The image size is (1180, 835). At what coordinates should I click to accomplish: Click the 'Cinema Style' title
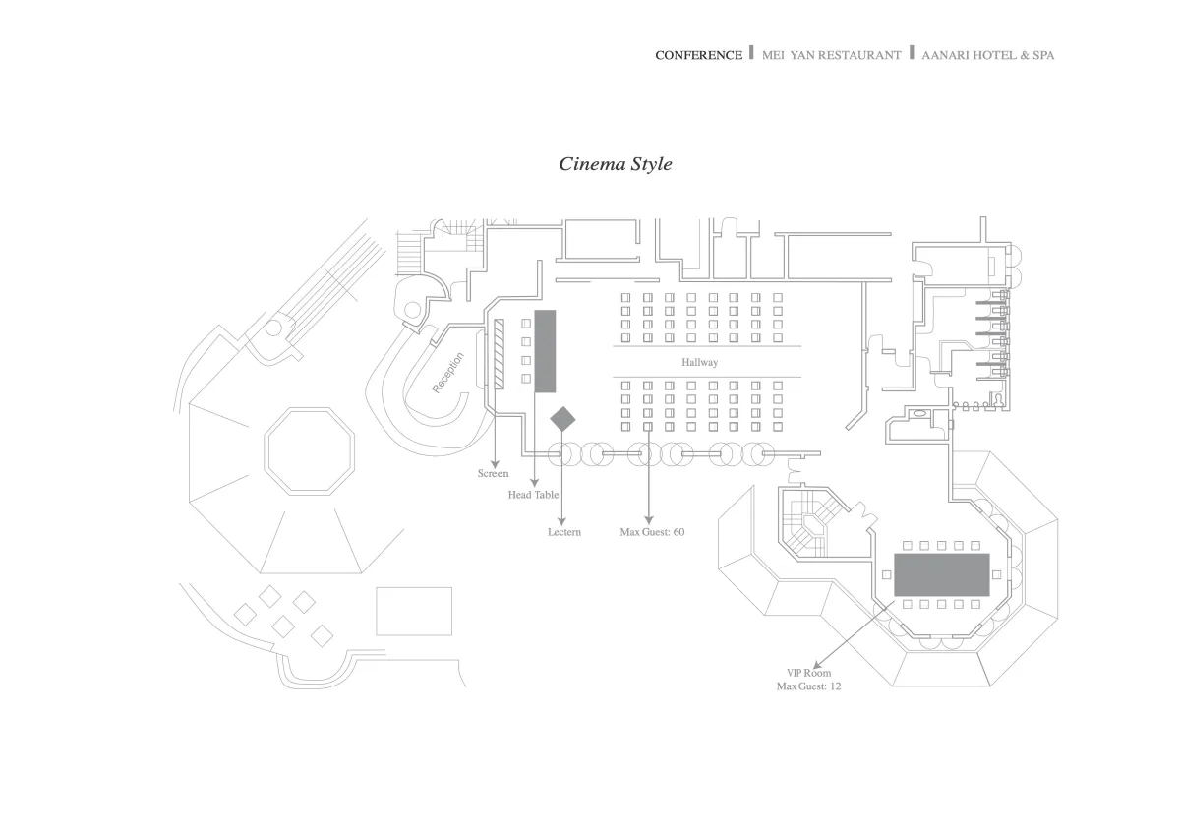616,164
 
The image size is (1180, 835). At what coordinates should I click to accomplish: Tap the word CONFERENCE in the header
698,55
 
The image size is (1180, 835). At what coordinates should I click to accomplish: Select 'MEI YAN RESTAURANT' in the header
831,55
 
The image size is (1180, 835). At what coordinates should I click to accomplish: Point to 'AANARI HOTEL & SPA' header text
987,55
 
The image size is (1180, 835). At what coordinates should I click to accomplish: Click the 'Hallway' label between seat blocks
699,363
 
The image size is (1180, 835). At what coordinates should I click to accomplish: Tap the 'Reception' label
448,374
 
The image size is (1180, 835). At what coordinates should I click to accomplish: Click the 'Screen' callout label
493,474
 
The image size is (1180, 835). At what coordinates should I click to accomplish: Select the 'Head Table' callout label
533,495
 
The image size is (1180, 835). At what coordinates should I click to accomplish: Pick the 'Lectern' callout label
564,532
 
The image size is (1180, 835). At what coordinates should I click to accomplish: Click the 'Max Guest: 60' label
651,532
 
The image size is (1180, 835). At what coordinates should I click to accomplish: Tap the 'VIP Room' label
809,673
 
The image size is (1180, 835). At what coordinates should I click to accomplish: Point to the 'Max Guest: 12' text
808,686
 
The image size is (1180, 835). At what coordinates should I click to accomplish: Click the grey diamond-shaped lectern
562,419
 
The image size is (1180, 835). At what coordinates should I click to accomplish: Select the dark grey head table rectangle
545,351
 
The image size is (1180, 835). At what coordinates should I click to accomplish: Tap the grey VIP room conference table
941,573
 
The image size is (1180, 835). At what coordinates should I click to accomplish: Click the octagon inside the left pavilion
310,453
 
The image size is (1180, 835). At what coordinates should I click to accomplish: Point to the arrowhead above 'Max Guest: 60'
649,518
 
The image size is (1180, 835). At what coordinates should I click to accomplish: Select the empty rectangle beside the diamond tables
414,611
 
